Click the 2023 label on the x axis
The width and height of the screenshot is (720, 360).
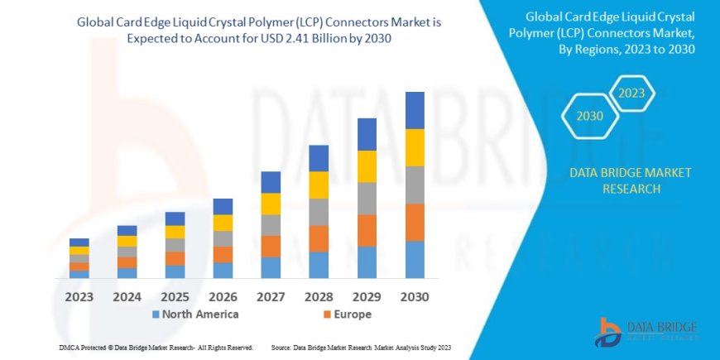(x=79, y=296)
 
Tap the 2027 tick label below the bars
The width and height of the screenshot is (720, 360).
(x=271, y=296)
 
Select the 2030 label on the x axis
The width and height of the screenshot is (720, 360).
(x=415, y=296)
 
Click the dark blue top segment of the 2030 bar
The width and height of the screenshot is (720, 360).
(x=415, y=110)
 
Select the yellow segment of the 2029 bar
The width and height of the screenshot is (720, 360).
(x=367, y=166)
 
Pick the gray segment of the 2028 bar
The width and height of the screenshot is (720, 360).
(x=319, y=212)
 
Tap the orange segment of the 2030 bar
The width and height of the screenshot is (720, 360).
(x=415, y=222)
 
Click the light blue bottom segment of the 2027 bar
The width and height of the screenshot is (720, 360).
(x=271, y=267)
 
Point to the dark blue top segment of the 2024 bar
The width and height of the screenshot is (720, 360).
(x=127, y=230)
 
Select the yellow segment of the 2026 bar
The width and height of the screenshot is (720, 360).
(x=223, y=223)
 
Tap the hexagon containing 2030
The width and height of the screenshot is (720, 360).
(x=589, y=118)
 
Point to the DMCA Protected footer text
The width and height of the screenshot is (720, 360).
(x=156, y=347)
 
